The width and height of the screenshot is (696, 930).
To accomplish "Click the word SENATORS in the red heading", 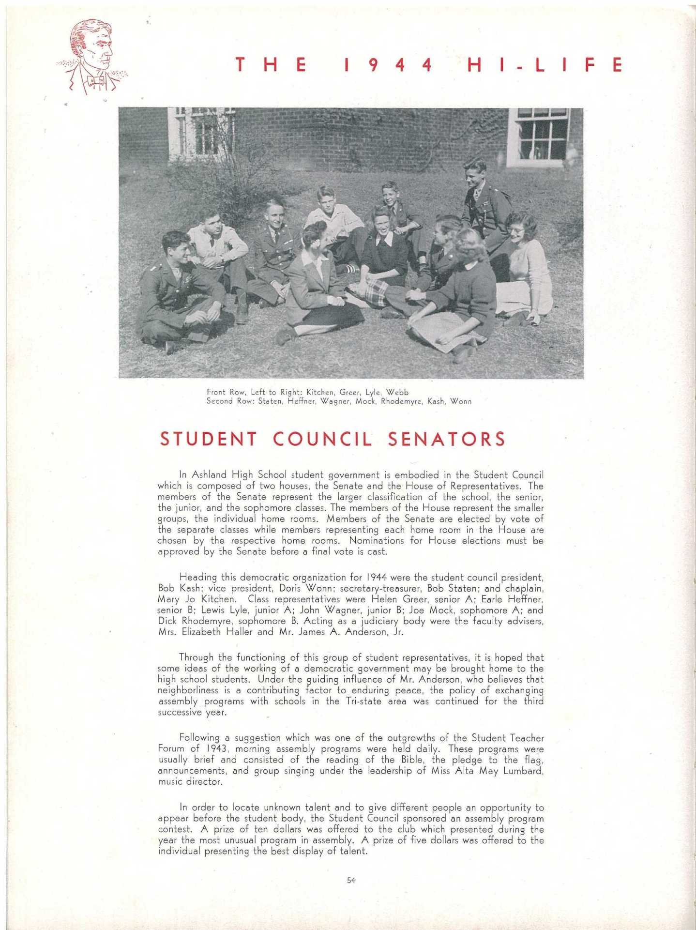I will point(446,439).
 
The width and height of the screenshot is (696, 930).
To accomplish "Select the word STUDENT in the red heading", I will point(209,439).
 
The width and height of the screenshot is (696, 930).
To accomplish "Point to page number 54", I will point(351,881).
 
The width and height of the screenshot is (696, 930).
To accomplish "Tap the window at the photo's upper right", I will point(541,134).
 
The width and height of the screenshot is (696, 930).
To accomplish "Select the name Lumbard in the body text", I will point(523,771).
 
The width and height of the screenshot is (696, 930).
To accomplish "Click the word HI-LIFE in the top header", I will point(545,65).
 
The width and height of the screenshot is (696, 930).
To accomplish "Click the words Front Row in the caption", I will point(225,392).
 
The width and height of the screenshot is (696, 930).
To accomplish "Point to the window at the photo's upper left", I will point(201,131).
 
